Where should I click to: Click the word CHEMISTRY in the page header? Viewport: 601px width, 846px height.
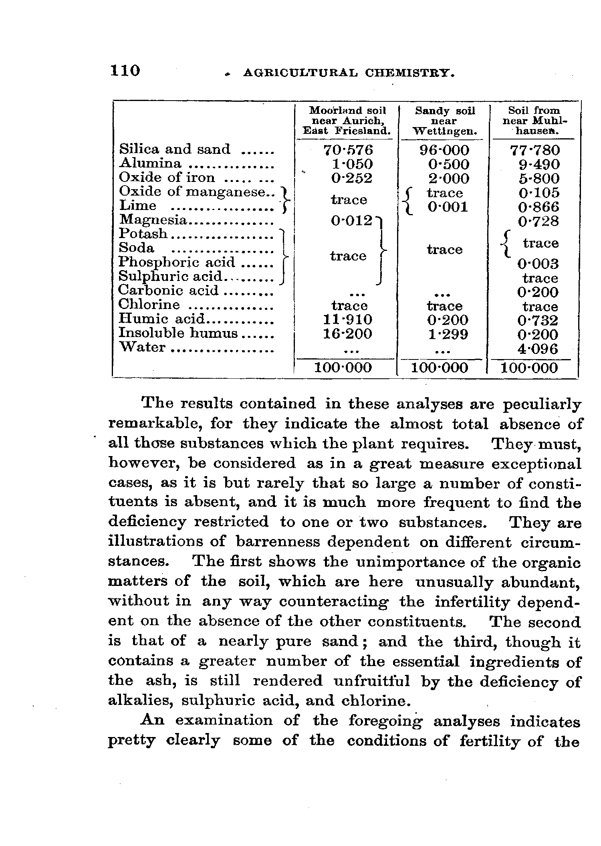pos(409,73)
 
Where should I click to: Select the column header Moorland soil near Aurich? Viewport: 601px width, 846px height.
pos(347,120)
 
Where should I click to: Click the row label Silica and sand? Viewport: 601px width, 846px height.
pos(175,149)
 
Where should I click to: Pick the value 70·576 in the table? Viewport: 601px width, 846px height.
pos(348,150)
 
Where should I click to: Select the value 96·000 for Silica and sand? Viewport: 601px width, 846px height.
pos(444,150)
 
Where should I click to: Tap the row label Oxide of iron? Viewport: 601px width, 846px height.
pos(167,177)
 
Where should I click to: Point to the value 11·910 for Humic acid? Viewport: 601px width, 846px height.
pos(348,320)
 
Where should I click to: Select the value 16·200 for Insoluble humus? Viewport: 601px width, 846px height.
pos(348,333)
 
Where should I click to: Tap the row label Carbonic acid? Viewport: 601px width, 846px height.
pos(168,290)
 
